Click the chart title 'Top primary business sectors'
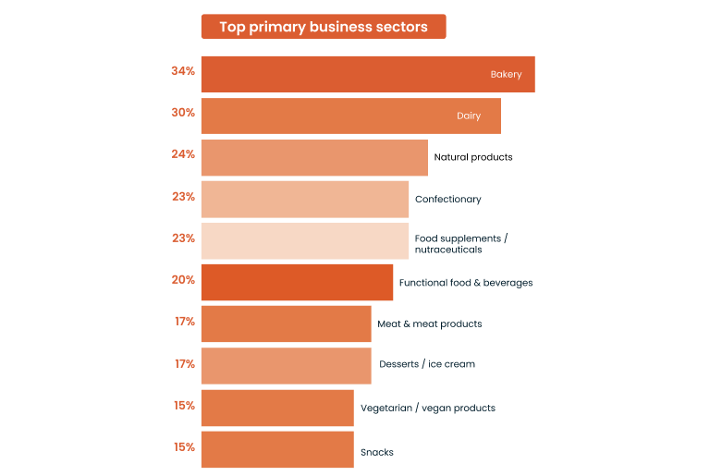coord(323,27)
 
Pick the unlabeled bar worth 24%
coord(313,157)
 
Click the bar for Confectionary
coord(304,199)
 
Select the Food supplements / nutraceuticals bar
coord(304,241)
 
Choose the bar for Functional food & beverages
coord(297,282)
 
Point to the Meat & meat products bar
coord(286,323)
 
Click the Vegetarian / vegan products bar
coord(276,408)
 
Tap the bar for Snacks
coord(276,449)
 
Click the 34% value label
coord(183,71)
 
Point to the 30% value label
coord(183,113)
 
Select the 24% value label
coord(183,154)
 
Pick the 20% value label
coord(183,280)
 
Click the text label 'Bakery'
coord(506,75)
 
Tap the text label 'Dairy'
coord(469,116)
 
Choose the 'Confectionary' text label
coord(447,200)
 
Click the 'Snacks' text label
coord(377,453)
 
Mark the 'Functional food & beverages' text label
coord(465,283)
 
